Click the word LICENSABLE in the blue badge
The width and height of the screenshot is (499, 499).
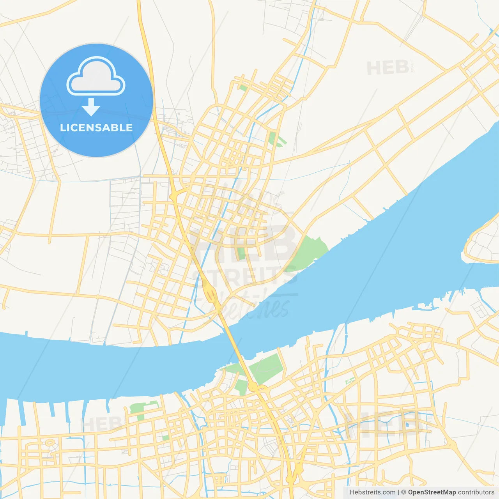point(96,127)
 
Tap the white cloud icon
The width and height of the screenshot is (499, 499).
point(96,76)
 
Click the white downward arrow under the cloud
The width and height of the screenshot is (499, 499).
point(91,107)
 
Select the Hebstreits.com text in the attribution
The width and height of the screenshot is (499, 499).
point(372,492)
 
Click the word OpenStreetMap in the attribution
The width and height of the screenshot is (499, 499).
point(432,492)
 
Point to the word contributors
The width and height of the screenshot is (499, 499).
point(476,492)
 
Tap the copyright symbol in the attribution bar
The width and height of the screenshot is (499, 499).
point(403,492)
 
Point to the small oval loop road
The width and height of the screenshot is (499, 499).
point(50,443)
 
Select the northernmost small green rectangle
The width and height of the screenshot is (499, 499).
point(243,88)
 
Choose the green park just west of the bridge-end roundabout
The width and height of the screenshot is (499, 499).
point(241,386)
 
